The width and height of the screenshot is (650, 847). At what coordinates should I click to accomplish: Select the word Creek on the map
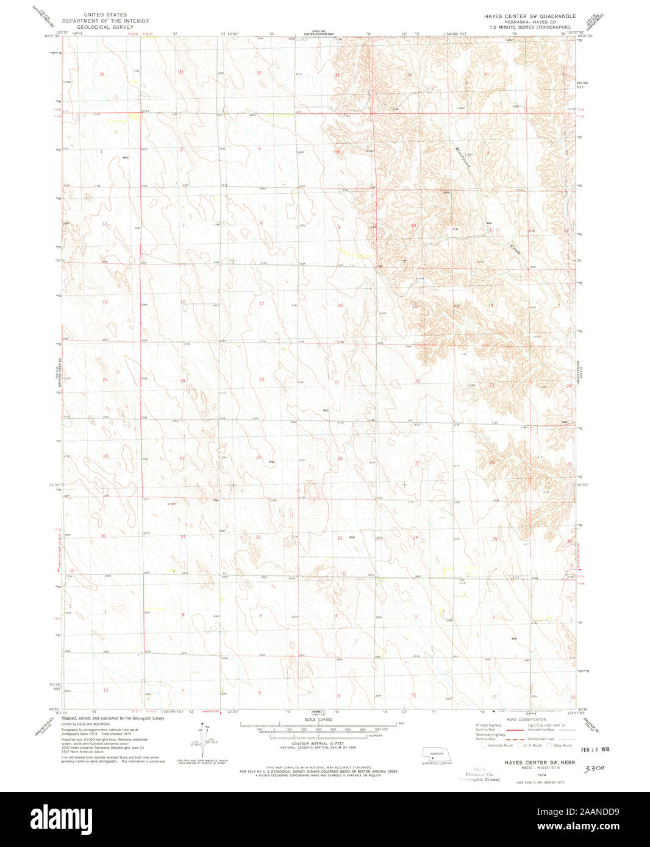click(516, 250)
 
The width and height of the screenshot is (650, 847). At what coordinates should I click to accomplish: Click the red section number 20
click(262, 379)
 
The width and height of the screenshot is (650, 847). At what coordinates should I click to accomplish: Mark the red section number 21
click(337, 382)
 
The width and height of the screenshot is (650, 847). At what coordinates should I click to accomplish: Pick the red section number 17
click(262, 303)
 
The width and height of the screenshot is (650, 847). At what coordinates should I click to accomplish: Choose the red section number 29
click(259, 458)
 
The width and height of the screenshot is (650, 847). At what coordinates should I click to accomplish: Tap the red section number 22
click(418, 381)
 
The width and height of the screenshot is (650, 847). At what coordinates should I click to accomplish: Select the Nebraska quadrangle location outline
click(437, 754)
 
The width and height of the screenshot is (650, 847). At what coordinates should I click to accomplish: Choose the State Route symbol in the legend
click(549, 745)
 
